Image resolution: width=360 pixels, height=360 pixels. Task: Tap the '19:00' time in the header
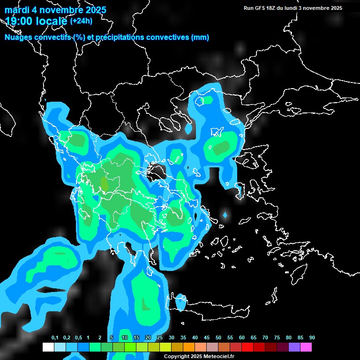[x=20, y=21]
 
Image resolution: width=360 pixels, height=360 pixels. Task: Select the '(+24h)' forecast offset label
[x=82, y=21]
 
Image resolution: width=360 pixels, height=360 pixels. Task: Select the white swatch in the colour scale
[x=48, y=347]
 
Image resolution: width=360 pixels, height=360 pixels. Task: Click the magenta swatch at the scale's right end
[x=306, y=347]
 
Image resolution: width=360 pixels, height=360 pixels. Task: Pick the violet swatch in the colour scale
[x=294, y=347]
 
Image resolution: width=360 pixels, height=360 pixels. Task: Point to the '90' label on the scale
[x=312, y=338]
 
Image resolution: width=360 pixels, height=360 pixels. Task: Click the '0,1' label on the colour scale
[x=54, y=338]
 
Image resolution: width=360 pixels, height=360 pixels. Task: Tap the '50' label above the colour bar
[x=218, y=338]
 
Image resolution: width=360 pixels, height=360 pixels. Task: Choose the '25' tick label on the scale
[x=160, y=338]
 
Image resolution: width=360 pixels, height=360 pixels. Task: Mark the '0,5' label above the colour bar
[x=78, y=338]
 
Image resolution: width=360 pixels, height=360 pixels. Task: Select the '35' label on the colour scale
[x=183, y=338]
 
